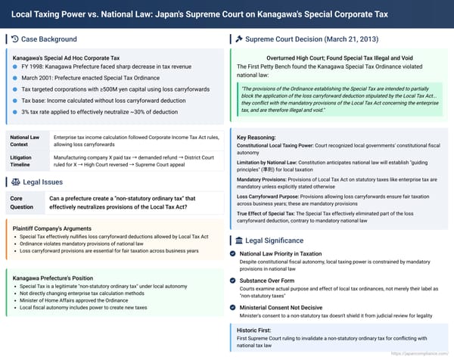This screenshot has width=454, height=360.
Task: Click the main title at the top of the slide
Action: tap(227, 13)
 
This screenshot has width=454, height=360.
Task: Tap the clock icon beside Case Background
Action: tap(15, 39)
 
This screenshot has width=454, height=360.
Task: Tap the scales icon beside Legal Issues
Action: tap(16, 182)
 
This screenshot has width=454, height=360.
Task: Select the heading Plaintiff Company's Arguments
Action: tap(58, 228)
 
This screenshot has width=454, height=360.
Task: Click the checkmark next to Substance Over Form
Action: tap(233, 280)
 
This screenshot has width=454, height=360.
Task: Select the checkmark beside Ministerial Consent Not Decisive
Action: tap(233, 306)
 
